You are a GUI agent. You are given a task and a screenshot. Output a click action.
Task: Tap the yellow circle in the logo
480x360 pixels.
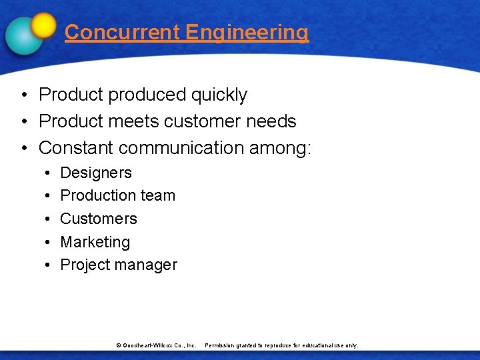pyautogui.click(x=44, y=25)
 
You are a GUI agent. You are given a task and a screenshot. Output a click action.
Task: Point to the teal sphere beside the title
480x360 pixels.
pyautogui.click(x=24, y=35)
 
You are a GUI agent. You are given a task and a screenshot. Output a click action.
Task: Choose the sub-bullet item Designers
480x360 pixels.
pyautogui.click(x=96, y=173)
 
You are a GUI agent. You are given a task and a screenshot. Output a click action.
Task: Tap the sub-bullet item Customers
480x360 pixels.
pyautogui.click(x=99, y=219)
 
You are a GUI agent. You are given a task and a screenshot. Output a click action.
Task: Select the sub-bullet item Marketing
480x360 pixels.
pyautogui.click(x=95, y=242)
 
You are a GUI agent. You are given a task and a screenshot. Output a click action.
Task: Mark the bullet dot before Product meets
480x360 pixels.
pyautogui.click(x=23, y=121)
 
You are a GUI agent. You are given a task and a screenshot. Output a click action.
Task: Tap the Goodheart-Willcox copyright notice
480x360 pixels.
pyautogui.click(x=156, y=345)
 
